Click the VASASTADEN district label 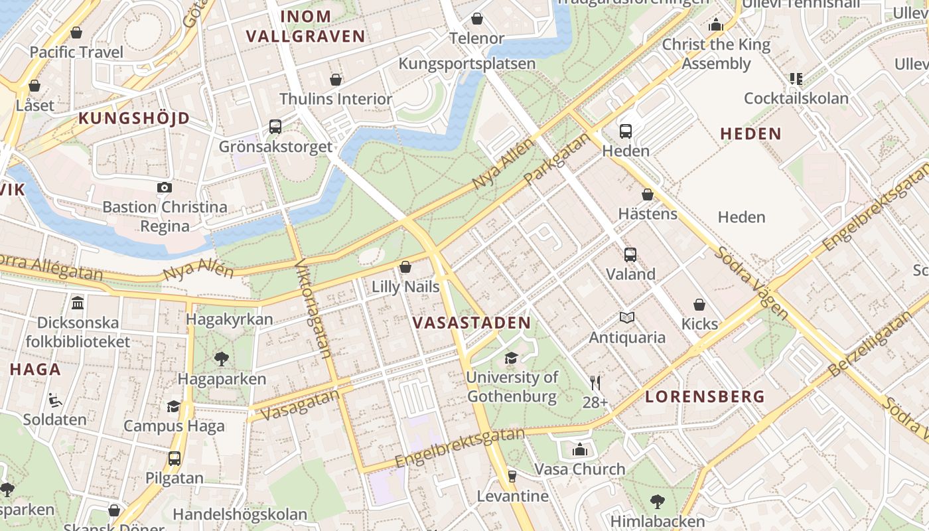tap(471, 323)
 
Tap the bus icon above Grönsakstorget tap(275, 126)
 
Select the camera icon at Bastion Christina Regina tap(165, 188)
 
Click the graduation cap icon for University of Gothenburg tap(511, 358)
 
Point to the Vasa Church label tap(580, 469)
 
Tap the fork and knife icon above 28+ tap(595, 382)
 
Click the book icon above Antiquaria tap(627, 318)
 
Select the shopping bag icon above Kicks tap(699, 305)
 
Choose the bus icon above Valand tap(630, 254)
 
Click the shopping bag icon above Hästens tap(648, 194)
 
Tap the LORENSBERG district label tap(705, 397)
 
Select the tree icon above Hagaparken tap(222, 359)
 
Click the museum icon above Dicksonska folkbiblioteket tap(78, 303)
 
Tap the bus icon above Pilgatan tap(175, 458)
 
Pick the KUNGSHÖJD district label tap(135, 119)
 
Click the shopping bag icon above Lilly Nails tap(405, 267)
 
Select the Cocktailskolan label tap(796, 99)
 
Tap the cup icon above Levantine tap(512, 476)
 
